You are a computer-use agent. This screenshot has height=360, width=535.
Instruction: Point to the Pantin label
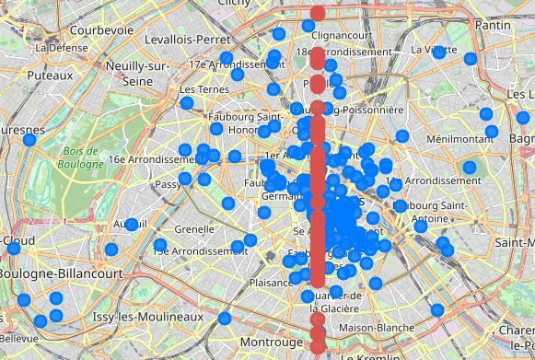(x=497, y=27)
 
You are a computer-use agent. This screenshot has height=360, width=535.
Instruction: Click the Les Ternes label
(x=202, y=89)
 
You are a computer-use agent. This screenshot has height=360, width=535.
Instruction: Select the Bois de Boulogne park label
(x=82, y=157)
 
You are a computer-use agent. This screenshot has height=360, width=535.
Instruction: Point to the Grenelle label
(x=193, y=228)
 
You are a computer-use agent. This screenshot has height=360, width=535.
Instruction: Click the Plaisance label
(x=271, y=284)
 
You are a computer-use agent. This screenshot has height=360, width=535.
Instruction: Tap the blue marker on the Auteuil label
(x=132, y=224)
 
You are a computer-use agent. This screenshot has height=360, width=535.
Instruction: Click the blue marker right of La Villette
(x=471, y=59)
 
